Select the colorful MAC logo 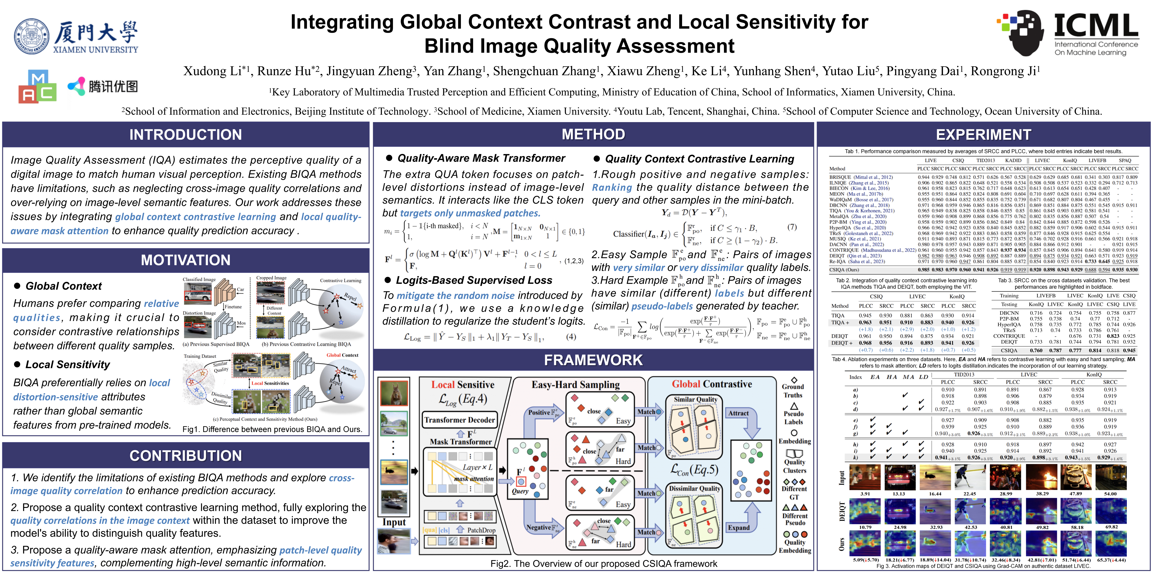pos(37,87)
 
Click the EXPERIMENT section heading pos(984,135)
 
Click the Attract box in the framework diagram pos(738,413)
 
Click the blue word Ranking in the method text pos(612,188)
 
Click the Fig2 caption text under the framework pos(604,564)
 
